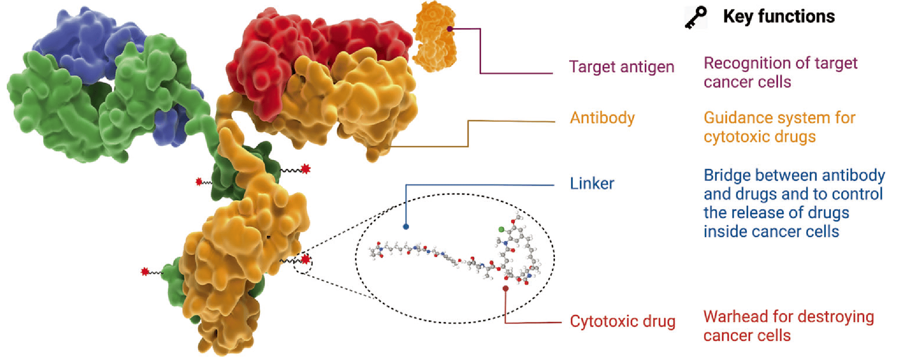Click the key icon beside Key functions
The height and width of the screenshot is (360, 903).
pos(696,18)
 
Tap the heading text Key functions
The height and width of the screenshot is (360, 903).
pos(779,17)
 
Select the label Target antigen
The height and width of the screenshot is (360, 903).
pos(622,67)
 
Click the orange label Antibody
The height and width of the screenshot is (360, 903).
pos(602,118)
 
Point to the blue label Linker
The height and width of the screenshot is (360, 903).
pos(592,183)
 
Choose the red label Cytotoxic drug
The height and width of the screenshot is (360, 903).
pos(623,321)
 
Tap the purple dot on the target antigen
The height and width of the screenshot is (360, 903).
pos(450,29)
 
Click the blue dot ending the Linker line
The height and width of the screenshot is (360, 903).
pos(406,227)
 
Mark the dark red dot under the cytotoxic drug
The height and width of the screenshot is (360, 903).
pos(506,288)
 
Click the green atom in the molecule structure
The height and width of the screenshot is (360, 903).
pos(501,229)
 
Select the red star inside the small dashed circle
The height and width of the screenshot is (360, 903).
pos(305,259)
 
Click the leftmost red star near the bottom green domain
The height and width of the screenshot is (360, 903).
pos(145,272)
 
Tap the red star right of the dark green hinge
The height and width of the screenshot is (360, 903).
pos(305,169)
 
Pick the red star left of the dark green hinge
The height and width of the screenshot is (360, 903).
pos(199,181)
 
